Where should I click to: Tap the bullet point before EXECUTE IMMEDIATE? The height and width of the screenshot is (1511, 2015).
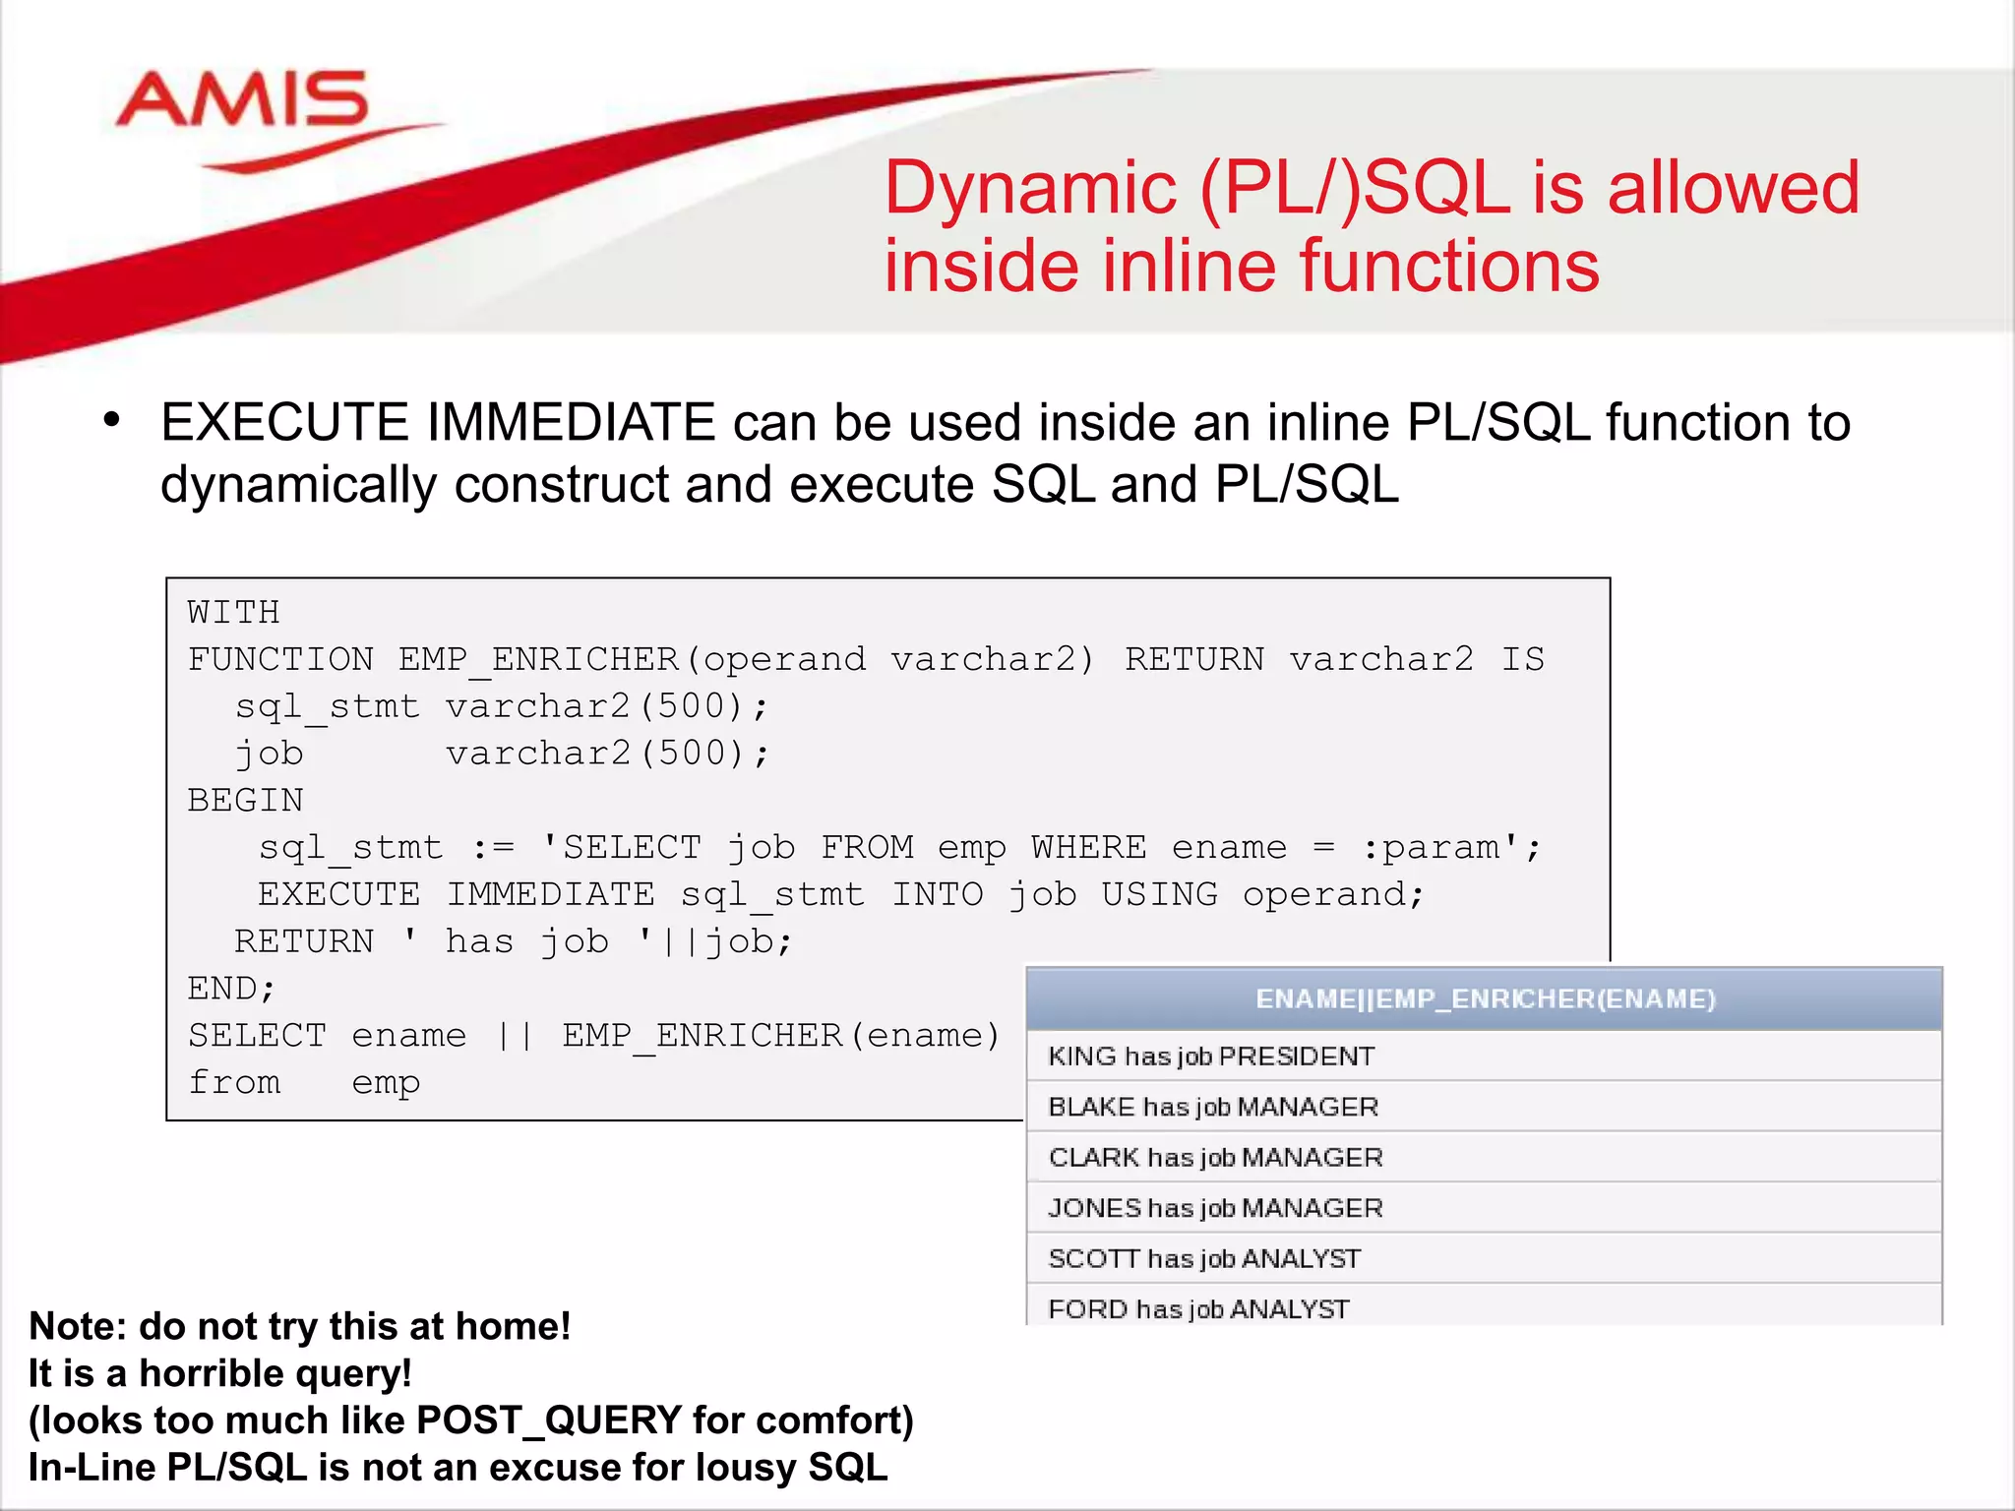click(111, 421)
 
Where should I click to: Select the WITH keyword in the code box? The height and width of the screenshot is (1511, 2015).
click(234, 612)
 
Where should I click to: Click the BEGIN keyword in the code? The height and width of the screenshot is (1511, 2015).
click(246, 800)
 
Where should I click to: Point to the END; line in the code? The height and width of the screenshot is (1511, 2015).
click(232, 988)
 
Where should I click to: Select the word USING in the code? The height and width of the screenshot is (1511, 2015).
click(1159, 894)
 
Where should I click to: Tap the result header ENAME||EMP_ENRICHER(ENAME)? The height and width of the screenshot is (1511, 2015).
click(1485, 999)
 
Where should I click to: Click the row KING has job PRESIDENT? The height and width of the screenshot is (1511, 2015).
click(1211, 1057)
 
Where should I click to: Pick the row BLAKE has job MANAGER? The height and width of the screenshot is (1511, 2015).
click(1213, 1108)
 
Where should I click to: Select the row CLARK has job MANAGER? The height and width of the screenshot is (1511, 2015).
click(1216, 1158)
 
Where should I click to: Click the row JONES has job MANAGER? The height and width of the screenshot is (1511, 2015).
click(1216, 1208)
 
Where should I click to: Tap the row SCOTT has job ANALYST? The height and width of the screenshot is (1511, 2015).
click(1204, 1259)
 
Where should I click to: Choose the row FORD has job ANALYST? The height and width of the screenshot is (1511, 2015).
click(1198, 1309)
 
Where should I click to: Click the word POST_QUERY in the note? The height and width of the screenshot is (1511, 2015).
click(549, 1420)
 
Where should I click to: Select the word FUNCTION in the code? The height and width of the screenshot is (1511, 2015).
click(281, 659)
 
